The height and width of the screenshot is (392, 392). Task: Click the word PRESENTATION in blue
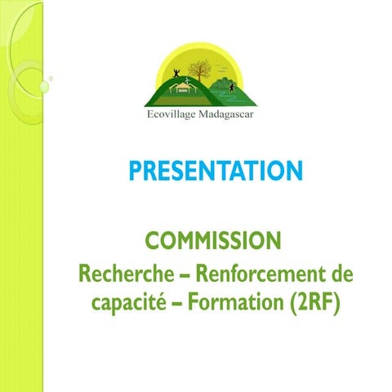click(x=216, y=171)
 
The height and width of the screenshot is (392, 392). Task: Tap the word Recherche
click(x=119, y=271)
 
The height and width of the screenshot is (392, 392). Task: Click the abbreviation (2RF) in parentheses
click(x=314, y=303)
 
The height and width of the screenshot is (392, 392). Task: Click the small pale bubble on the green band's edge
click(x=51, y=79)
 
